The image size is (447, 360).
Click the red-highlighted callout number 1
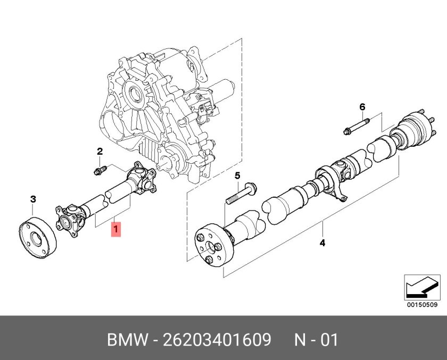(x=115, y=230)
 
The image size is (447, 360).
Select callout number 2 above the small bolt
(x=99, y=152)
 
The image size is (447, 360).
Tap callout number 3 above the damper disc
(x=33, y=199)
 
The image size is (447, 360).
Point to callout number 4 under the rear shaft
(x=322, y=244)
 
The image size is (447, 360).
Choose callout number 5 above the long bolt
(x=237, y=175)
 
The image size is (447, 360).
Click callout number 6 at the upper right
(x=362, y=107)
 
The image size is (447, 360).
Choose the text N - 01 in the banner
(x=316, y=339)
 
